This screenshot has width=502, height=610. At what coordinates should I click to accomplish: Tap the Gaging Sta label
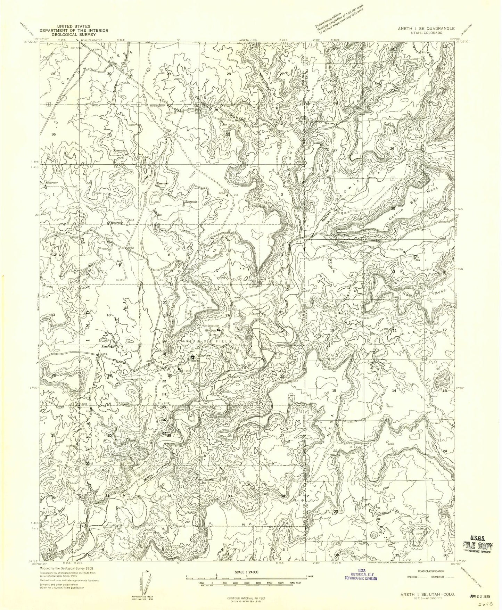396,249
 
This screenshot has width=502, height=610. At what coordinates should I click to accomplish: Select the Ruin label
390,407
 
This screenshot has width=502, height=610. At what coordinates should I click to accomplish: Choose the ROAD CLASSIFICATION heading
431,571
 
